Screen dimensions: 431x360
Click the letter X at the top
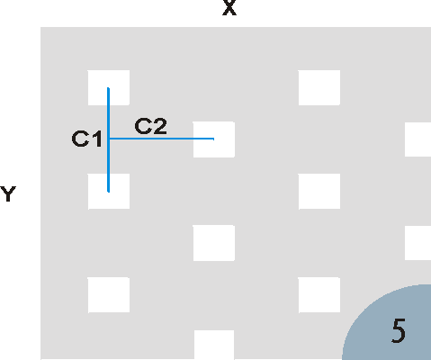(x=229, y=7)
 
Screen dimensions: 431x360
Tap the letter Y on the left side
(x=8, y=194)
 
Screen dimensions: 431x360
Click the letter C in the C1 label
(x=80, y=139)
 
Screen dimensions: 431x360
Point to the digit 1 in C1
(x=97, y=139)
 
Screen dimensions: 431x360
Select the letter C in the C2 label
(x=143, y=126)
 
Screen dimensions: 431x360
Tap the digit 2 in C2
(x=160, y=126)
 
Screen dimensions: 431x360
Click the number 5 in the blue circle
(x=399, y=330)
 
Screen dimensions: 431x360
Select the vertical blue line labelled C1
(x=109, y=139)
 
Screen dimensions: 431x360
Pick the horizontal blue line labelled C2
(x=162, y=139)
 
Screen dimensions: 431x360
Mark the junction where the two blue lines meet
(x=109, y=139)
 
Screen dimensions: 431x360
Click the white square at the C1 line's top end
(x=109, y=88)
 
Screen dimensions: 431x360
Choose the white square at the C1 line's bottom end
(x=109, y=192)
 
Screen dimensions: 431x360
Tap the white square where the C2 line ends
(x=214, y=139)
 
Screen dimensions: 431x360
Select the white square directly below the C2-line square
(x=214, y=243)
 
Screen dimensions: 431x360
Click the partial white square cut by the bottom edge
(x=214, y=345)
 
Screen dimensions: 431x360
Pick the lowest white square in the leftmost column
(x=109, y=295)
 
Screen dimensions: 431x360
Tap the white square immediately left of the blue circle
(x=319, y=295)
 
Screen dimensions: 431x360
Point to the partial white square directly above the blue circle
(x=418, y=243)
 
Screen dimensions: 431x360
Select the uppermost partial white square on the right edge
(x=418, y=139)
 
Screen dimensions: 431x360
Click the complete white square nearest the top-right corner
(x=319, y=88)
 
